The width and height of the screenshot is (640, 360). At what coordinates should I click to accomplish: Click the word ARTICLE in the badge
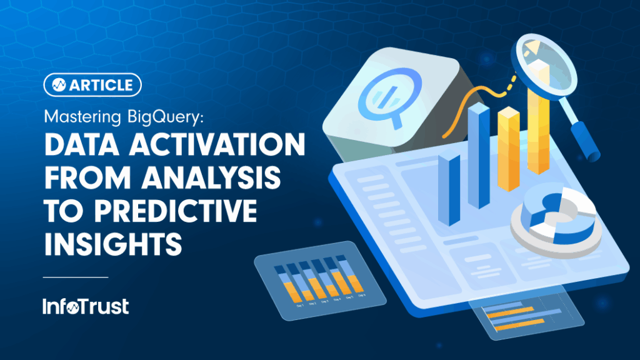pyautogui.click(x=102, y=85)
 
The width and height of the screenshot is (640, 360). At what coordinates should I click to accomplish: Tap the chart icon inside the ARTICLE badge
pyautogui.click(x=59, y=85)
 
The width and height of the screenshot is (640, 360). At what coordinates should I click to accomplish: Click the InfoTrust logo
pyautogui.click(x=86, y=306)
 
